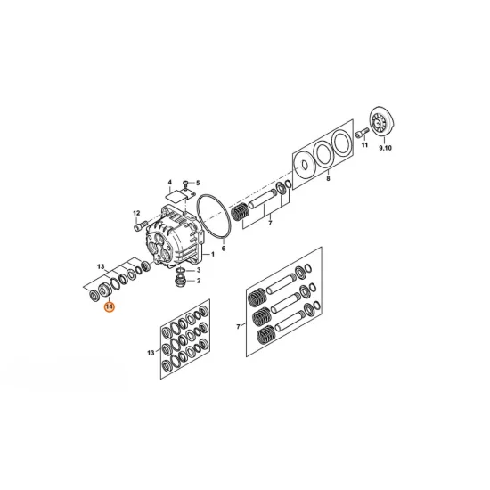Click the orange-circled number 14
pos(110,306)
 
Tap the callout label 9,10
pos(385,148)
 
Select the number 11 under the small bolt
pos(364,144)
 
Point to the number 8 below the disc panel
pos(328,179)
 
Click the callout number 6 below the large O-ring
pos(223,249)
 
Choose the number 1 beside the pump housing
pos(213,254)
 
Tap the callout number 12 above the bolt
pos(136,213)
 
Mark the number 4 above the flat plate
pos(169,182)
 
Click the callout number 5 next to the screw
pos(198,183)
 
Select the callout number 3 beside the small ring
pos(199,270)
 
